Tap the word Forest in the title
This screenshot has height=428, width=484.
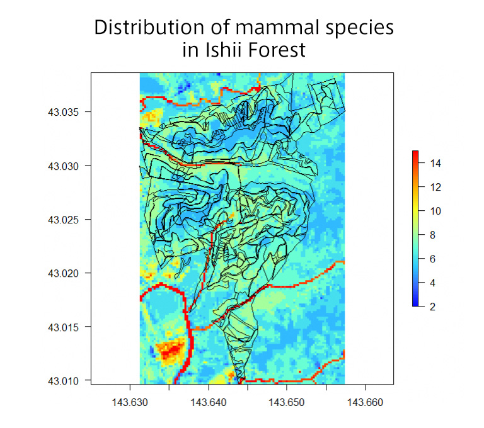pyautogui.click(x=274, y=50)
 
